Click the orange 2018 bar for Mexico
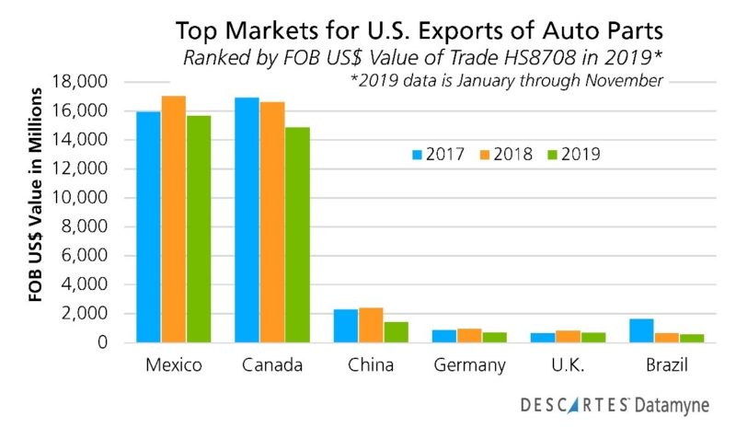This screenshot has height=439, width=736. [x=173, y=219]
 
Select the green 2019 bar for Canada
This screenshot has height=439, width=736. [x=297, y=235]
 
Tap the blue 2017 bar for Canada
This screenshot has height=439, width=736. [x=247, y=220]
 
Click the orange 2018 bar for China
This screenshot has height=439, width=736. [x=371, y=325]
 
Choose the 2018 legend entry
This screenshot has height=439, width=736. [x=502, y=154]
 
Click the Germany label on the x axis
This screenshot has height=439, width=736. [x=470, y=365]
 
